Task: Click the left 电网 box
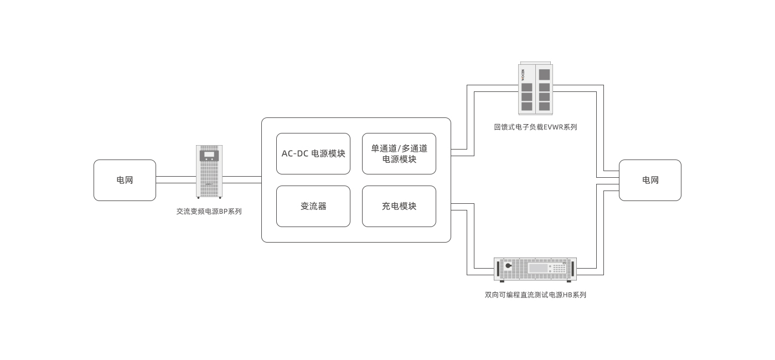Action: (x=125, y=180)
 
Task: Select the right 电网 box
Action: (x=650, y=180)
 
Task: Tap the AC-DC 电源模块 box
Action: (x=313, y=153)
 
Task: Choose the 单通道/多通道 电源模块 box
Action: (x=399, y=153)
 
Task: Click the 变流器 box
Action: (x=313, y=206)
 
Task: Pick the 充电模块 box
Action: (x=399, y=206)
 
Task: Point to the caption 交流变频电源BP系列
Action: (x=209, y=212)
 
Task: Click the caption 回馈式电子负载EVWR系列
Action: (x=535, y=127)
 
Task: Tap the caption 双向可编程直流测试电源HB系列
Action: (x=535, y=295)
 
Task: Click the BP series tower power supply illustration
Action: (x=209, y=172)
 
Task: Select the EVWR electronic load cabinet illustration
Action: (x=535, y=89)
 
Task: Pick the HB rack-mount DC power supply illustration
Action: (x=535, y=269)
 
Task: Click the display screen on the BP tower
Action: (x=209, y=155)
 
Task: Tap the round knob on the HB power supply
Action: (x=508, y=266)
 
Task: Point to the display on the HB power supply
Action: (x=538, y=268)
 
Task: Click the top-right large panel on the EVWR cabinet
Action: (x=544, y=74)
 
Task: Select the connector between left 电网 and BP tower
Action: (x=176, y=180)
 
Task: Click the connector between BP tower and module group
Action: (x=242, y=180)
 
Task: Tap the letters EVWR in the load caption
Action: (x=553, y=127)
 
